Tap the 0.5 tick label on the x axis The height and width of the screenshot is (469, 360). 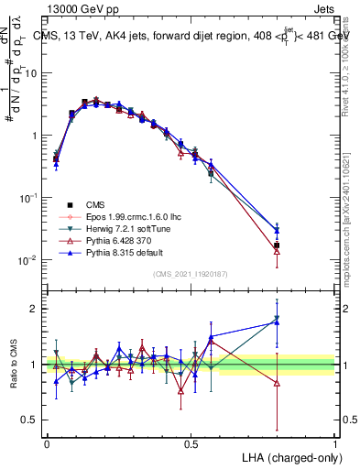[x=191, y=443]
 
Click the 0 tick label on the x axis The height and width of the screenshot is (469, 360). [x=47, y=443]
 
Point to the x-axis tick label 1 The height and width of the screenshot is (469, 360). [x=335, y=443]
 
